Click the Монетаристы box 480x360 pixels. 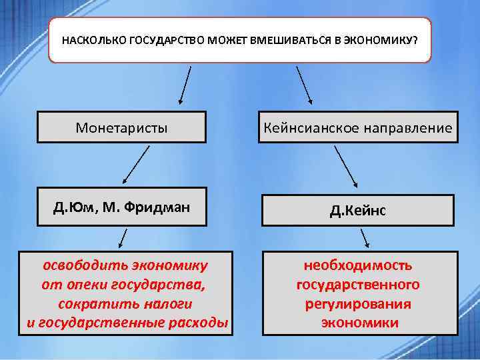point(121,127)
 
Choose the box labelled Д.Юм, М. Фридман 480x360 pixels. point(121,208)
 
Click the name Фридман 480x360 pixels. point(161,208)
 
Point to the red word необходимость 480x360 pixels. point(358,265)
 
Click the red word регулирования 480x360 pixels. point(358,304)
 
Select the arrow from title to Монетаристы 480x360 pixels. point(185,85)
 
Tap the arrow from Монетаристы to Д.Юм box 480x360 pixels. point(136,165)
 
